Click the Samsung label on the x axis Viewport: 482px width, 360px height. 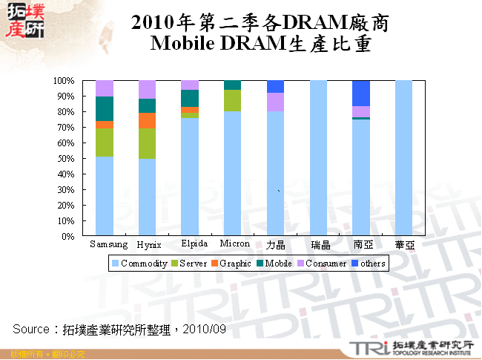108,244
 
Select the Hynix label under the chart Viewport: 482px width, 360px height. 149,245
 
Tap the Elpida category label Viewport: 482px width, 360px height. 193,244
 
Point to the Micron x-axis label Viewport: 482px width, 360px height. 235,244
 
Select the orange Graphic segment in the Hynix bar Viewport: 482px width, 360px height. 147,120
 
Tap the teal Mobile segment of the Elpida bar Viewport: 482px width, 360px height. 190,98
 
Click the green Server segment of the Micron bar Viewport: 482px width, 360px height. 232,100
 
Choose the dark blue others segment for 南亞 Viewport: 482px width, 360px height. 360,94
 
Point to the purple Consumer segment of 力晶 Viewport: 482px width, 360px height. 275,102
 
